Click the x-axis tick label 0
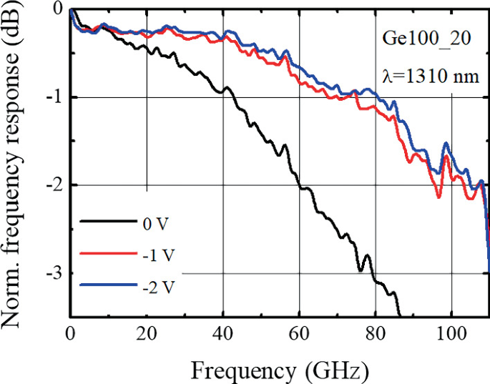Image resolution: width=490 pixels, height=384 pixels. (x=70, y=333)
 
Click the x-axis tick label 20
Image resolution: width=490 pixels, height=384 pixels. (x=146, y=333)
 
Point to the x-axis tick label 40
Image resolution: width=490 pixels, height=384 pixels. (x=222, y=333)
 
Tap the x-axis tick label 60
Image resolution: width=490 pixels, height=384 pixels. (x=298, y=333)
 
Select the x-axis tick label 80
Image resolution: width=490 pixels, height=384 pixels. (x=375, y=333)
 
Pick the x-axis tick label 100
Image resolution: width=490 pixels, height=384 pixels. (x=451, y=333)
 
